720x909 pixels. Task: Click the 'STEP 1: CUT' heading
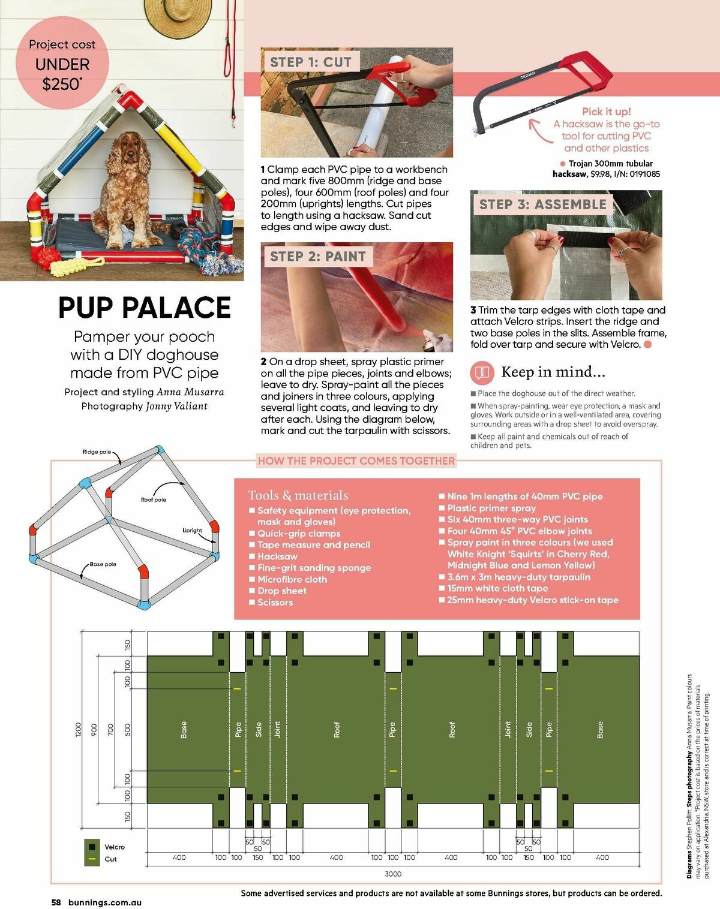tap(310, 62)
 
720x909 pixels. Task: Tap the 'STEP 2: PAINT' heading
tap(317, 257)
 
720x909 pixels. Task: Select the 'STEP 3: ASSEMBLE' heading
tap(542, 204)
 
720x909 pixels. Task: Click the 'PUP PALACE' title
tap(145, 308)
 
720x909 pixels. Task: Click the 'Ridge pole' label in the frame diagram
tap(97, 452)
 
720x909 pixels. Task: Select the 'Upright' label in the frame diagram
tap(192, 530)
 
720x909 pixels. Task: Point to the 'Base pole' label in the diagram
tap(103, 564)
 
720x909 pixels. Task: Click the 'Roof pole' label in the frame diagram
tap(154, 499)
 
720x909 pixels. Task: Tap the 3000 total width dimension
tap(393, 874)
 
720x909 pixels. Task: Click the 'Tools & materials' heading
tap(298, 495)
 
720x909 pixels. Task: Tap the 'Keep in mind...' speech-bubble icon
tap(482, 372)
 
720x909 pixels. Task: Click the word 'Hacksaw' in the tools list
tap(277, 556)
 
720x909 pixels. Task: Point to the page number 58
tap(56, 902)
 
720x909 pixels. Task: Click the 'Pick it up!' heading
tap(606, 112)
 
